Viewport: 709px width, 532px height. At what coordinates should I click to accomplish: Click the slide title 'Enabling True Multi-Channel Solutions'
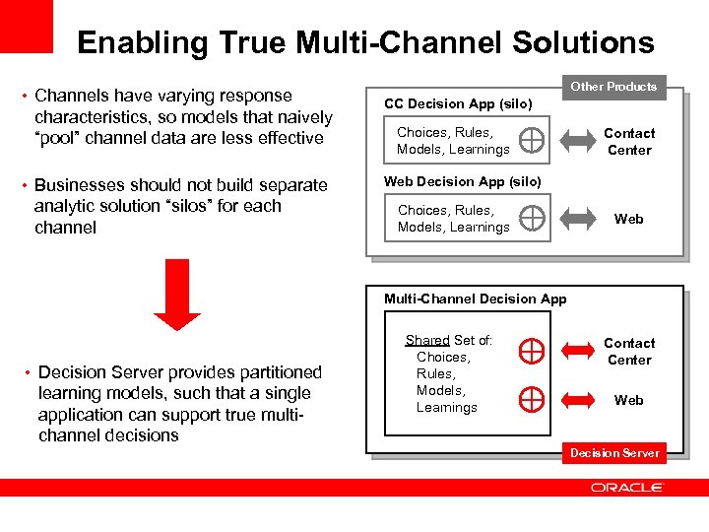[x=365, y=42]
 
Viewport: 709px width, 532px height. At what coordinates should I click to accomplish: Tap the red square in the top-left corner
[x=27, y=26]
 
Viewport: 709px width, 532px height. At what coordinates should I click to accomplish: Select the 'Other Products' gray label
[x=613, y=87]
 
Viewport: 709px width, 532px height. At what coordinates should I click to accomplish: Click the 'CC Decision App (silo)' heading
[x=458, y=103]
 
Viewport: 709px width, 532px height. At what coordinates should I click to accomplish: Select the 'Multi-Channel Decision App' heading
[x=475, y=299]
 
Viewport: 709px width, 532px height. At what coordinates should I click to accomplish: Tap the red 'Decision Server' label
[x=615, y=452]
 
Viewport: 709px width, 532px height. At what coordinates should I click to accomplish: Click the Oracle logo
[x=627, y=488]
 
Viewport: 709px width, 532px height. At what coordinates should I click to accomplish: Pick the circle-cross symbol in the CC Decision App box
[x=531, y=141]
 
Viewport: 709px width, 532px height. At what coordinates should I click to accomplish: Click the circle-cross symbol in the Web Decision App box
[x=531, y=218]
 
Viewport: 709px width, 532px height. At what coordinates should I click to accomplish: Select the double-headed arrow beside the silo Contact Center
[x=582, y=141]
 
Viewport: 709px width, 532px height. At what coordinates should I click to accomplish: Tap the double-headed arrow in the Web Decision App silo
[x=582, y=219]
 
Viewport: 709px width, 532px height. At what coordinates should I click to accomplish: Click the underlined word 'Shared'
[x=427, y=340]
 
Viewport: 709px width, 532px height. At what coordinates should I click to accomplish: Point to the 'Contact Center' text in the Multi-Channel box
[x=628, y=351]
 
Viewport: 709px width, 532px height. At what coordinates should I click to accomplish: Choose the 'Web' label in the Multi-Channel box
[x=628, y=400]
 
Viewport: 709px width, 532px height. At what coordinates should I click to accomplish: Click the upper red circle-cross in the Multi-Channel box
[x=531, y=349]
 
